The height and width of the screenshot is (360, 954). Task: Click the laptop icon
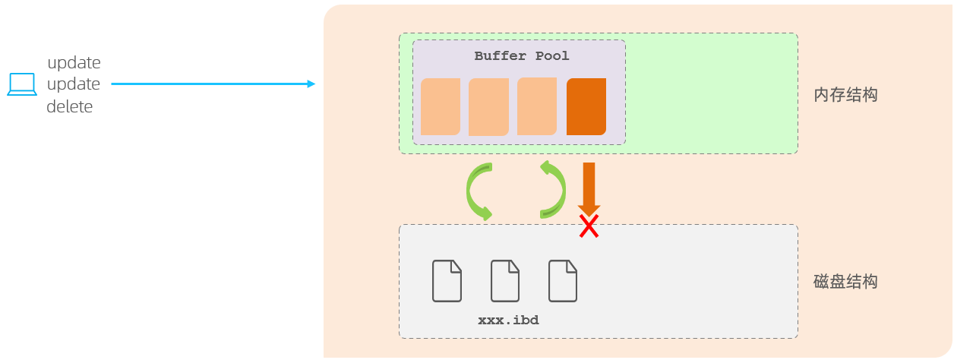22,84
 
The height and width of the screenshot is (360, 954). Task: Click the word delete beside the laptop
70,107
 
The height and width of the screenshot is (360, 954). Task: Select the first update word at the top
74,62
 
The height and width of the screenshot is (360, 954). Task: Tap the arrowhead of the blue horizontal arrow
311,84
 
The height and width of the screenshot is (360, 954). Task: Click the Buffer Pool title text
521,56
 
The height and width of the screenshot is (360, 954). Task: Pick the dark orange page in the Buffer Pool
586,106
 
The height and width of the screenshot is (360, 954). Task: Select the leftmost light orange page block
441,106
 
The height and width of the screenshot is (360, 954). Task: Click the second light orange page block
488,106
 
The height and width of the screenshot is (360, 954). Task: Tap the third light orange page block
537,106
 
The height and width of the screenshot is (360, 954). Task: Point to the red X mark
589,226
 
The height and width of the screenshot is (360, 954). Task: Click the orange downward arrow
589,187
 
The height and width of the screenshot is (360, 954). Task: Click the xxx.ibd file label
508,321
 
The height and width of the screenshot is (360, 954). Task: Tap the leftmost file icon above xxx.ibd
447,280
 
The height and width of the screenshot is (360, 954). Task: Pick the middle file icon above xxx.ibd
505,280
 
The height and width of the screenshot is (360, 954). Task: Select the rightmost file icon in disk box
563,280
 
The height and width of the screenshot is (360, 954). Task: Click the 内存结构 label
845,95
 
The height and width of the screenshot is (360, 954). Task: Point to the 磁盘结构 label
845,282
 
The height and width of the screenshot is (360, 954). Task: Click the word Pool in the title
552,56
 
